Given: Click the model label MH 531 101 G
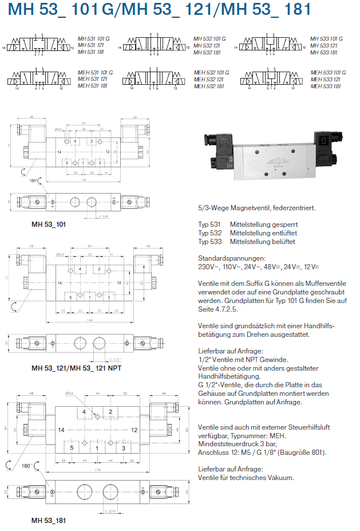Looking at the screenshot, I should (x=92, y=39).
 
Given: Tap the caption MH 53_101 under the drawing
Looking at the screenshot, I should (x=48, y=224).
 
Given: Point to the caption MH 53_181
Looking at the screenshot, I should (x=48, y=521).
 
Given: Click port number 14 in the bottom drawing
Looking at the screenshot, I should (x=61, y=429).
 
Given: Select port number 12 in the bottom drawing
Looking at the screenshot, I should (x=134, y=429).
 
